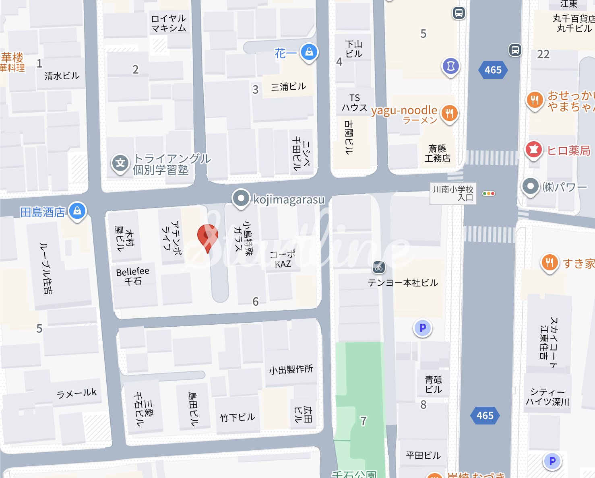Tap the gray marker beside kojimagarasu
pos(241,198)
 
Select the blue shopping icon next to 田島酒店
pos(77,211)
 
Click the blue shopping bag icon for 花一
pos(309,52)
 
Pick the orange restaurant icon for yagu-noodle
pos(449,113)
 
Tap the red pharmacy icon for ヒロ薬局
pos(534,150)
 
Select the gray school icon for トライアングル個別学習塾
pos(120,163)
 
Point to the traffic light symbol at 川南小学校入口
pos(488,194)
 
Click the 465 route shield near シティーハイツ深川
pos(485,416)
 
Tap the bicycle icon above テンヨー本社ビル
pos(378,267)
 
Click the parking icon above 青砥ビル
pos(423,328)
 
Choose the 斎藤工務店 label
pos(437,154)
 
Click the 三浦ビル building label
pos(288,87)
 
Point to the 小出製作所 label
pos(291,369)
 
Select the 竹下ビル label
pos(238,417)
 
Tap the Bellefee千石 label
pos(132,276)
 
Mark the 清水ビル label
pos(62,76)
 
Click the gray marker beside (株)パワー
pos(530,186)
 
